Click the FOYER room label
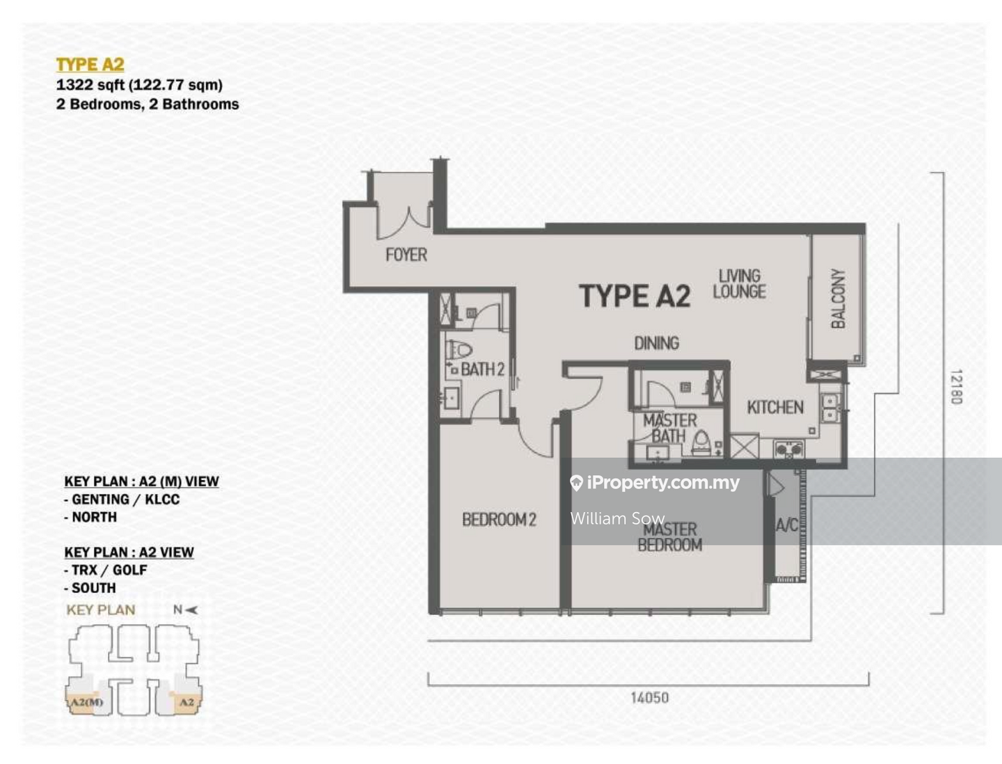406,255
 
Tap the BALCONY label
838,299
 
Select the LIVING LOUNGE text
740,283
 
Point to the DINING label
656,343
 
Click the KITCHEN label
775,407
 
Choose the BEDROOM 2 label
499,519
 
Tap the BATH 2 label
482,369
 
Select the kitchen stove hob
789,449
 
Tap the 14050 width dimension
650,698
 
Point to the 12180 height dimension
956,387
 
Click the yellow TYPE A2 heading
90,64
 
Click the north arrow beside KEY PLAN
192,610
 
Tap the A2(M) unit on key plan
86,701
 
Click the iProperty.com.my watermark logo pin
577,483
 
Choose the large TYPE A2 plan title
635,296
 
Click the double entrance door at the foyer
404,223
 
